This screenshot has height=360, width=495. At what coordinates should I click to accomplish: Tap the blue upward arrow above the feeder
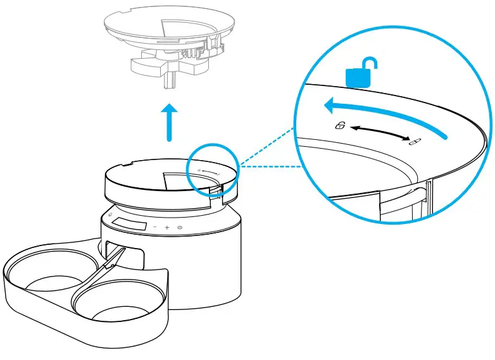pos(168,123)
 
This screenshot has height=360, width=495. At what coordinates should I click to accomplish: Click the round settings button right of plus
pos(180,227)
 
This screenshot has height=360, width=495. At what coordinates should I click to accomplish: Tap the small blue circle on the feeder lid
pos(213,170)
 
